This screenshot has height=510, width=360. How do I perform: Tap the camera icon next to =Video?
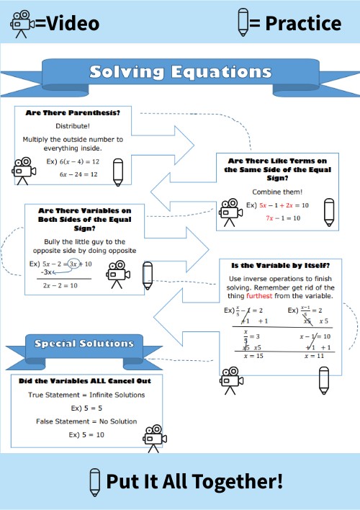(x=22, y=24)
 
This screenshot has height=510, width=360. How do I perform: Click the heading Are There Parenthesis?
(x=73, y=113)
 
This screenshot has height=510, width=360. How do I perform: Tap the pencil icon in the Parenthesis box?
(x=117, y=171)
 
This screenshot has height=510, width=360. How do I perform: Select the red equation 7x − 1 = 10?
(x=282, y=218)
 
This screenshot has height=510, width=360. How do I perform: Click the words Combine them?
(x=277, y=192)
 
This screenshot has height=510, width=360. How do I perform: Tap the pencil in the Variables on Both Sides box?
(x=148, y=274)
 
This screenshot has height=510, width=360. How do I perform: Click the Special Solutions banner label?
(x=84, y=344)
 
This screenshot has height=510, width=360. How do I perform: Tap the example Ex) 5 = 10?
(x=86, y=434)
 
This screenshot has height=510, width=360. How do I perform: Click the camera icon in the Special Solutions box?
(x=153, y=437)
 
